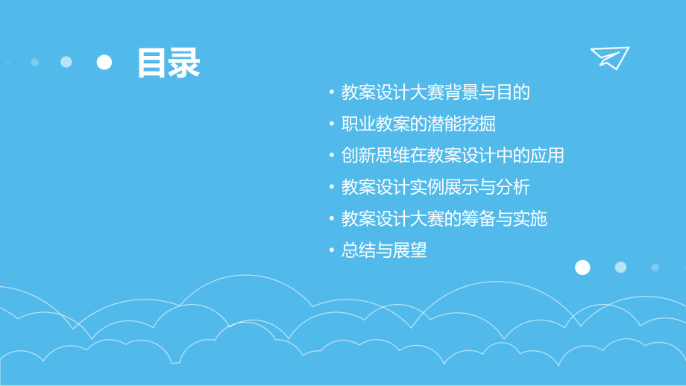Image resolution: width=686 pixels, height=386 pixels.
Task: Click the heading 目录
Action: pos(169,63)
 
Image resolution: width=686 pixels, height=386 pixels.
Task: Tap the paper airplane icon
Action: pos(610,57)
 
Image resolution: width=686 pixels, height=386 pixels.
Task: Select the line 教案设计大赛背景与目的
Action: pos(435,92)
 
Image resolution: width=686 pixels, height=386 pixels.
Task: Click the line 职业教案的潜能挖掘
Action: pos(418,124)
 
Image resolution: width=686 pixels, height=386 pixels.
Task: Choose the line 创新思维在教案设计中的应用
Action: pos(453,156)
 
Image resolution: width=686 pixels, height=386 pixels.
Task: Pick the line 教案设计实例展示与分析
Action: pos(435,187)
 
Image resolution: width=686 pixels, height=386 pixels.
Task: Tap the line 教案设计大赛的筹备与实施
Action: pos(444,219)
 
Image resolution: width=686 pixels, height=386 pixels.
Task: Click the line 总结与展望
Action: pos(384,250)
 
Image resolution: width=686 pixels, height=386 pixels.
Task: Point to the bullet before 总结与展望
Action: pos(332,251)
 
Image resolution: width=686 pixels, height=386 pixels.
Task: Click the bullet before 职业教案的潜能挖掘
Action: pos(332,124)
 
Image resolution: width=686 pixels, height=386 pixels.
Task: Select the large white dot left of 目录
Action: pos(104,62)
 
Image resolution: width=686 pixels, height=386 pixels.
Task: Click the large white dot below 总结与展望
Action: pos(583,268)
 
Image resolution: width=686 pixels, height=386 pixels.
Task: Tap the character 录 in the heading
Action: pos(185,63)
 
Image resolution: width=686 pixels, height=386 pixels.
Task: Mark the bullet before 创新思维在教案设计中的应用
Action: pos(332,156)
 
